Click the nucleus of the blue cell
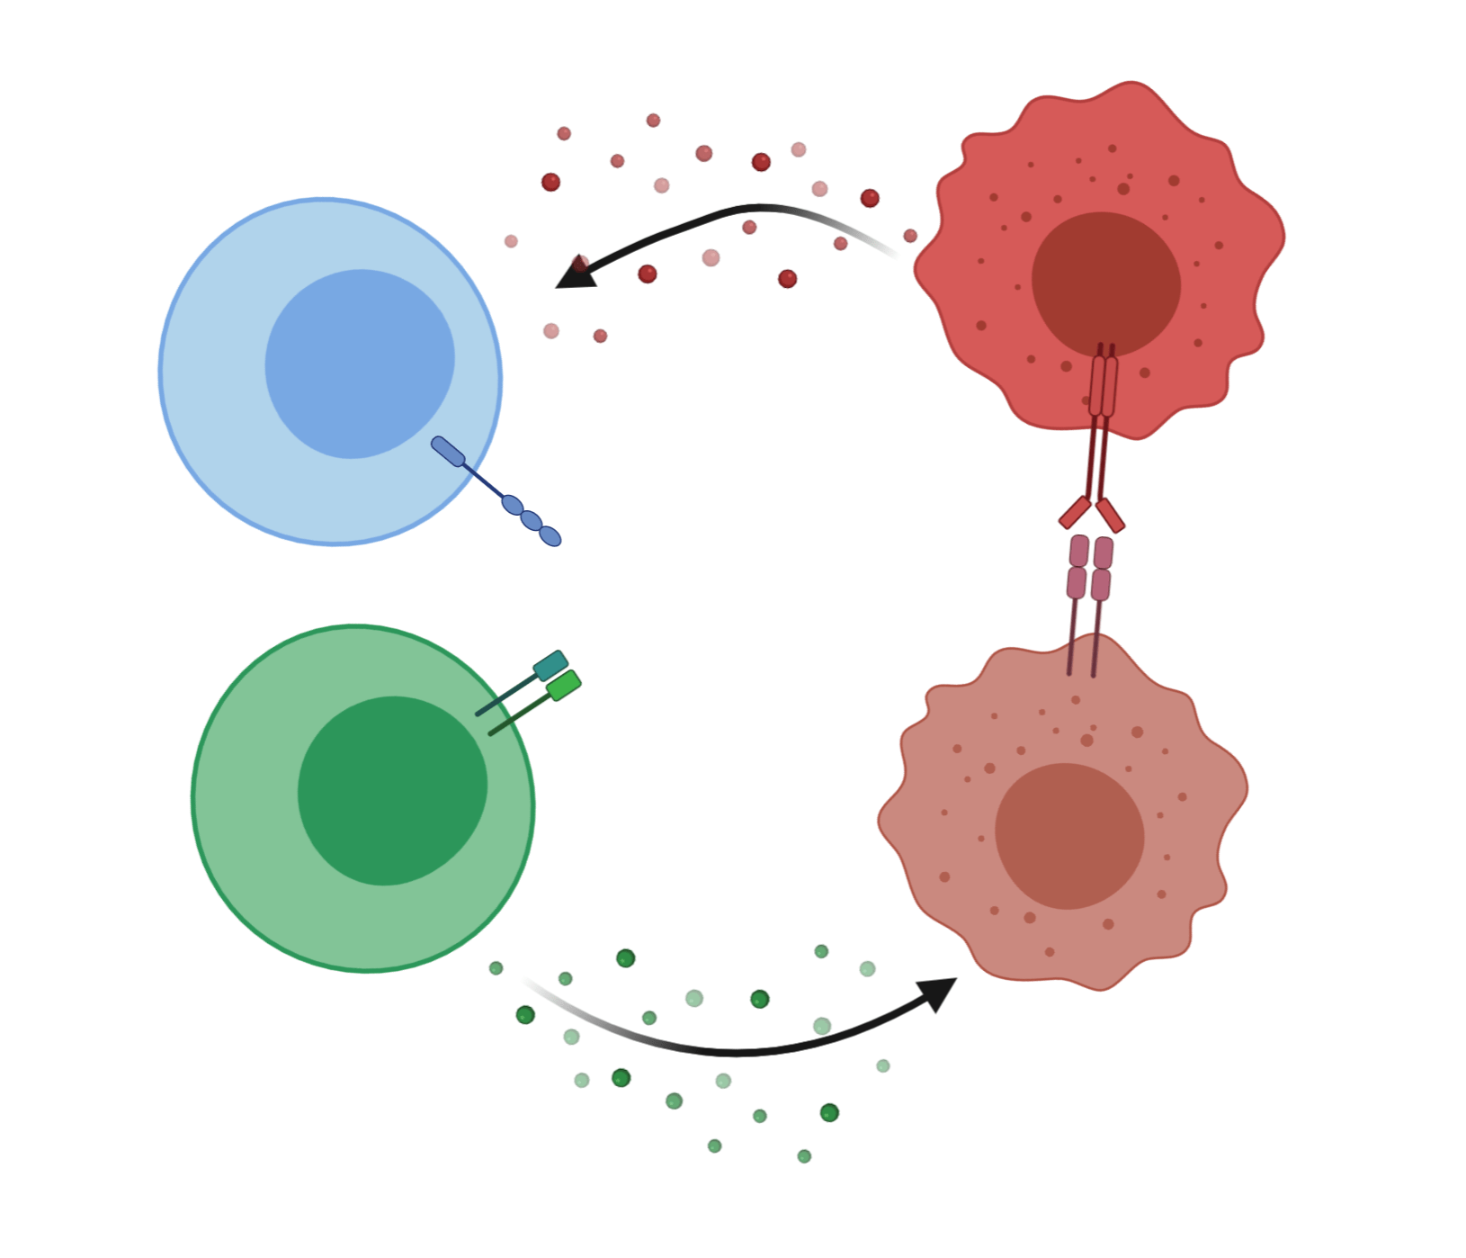[360, 364]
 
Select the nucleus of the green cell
[392, 791]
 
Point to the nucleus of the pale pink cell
[1069, 836]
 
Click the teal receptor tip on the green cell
[550, 665]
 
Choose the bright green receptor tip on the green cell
[564, 686]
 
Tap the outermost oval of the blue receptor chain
[550, 536]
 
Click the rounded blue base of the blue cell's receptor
[448, 451]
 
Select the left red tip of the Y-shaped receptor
[1075, 512]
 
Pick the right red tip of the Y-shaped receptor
[1111, 516]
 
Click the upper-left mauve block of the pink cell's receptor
[1079, 551]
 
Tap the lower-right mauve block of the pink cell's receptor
[1101, 585]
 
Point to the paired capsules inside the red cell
[1104, 386]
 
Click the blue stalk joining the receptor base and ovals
[483, 480]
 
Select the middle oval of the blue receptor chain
[532, 521]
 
